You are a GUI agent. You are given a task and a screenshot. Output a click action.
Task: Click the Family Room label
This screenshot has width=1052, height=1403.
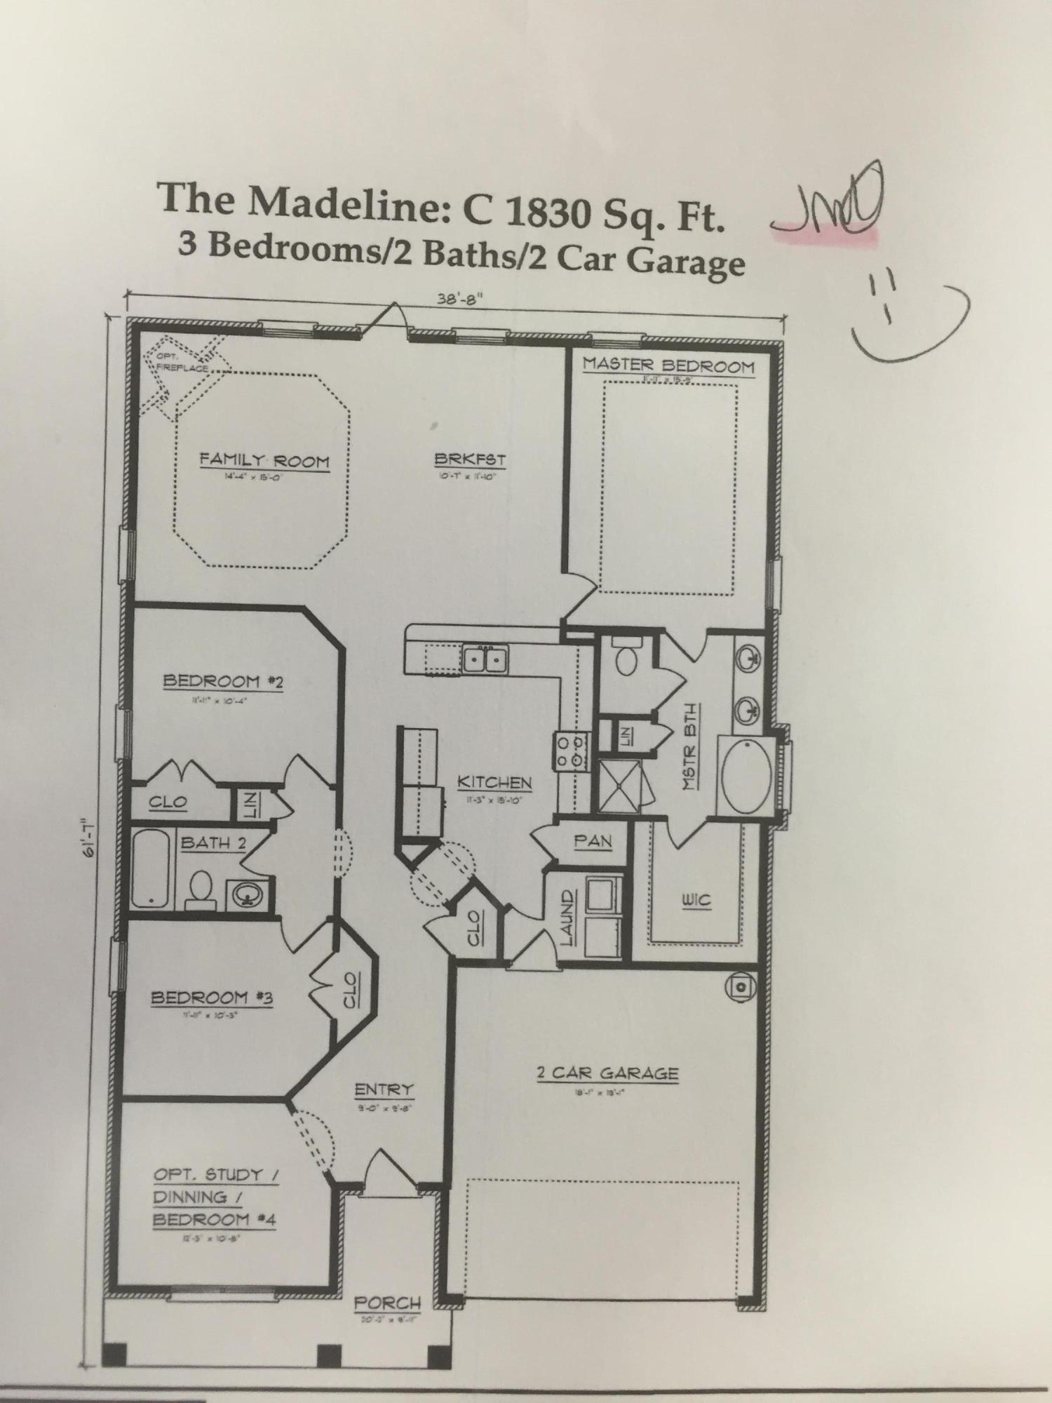pos(264,461)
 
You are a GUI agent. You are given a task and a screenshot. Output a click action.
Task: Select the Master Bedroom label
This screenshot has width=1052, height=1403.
pos(668,365)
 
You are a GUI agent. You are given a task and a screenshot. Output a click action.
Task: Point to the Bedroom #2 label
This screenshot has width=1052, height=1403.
pos(223,681)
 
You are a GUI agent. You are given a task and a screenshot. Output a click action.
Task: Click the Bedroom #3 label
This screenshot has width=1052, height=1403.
pos(213,997)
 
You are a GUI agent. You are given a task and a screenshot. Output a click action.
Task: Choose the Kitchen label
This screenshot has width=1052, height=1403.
pos(494,782)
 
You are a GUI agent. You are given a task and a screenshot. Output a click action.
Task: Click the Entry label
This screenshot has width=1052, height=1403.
pos(384,1089)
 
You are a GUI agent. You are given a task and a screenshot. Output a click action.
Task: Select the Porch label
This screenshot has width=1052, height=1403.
pos(387,1303)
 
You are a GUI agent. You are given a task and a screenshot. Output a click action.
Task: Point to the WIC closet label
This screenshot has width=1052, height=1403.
pos(696,901)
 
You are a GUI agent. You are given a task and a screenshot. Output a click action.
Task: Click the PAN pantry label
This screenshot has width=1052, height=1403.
pos(593,840)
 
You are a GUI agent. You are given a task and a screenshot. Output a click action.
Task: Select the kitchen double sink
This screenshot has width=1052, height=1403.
pos(485,659)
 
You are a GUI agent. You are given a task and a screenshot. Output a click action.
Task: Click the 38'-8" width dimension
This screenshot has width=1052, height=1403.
pos(460,297)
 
